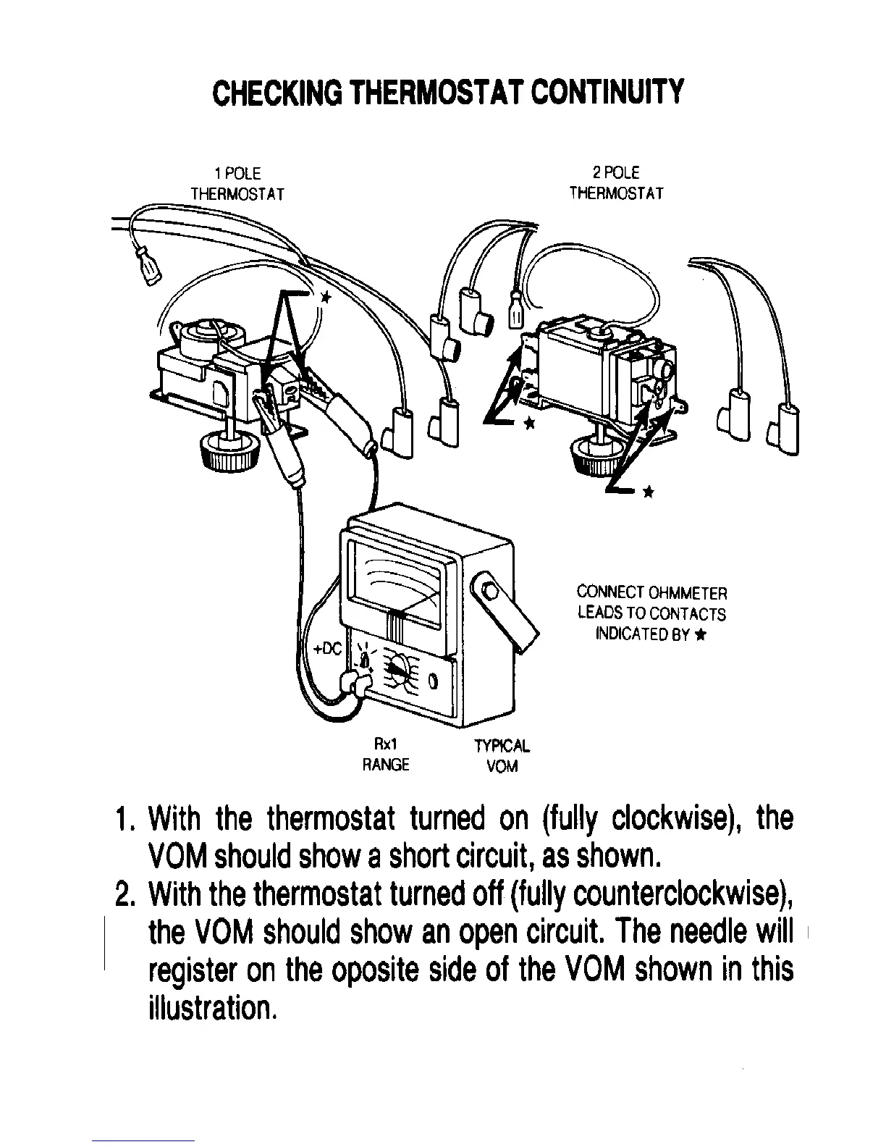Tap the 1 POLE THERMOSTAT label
(x=237, y=184)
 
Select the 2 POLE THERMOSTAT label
(x=616, y=183)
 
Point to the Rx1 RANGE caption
(x=386, y=755)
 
